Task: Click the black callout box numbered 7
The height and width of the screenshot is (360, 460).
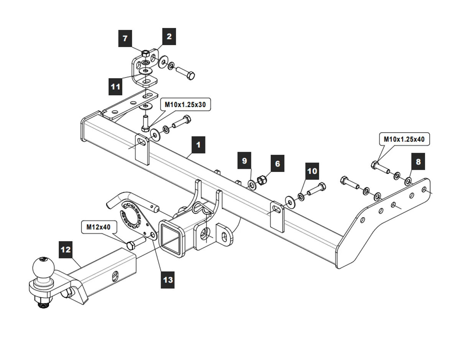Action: pos(125,38)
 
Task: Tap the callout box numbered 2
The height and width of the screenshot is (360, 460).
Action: pos(169,37)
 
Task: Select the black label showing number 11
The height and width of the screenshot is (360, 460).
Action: pos(115,87)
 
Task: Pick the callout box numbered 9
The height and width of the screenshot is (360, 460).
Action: pos(245,160)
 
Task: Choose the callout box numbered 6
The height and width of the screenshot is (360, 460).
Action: pos(278,164)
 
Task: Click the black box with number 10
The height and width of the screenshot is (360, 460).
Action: pos(312,171)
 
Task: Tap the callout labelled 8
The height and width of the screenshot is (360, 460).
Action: pos(418,162)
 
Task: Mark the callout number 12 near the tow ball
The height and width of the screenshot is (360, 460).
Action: pos(66,250)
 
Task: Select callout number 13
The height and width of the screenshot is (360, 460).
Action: pos(168,280)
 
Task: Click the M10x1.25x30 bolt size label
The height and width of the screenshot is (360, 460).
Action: pos(187,104)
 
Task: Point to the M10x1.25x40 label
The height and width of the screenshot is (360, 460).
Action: pos(404,139)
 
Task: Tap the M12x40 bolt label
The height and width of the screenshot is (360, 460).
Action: pos(98,227)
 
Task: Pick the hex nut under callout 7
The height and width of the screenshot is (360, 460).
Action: pos(146,53)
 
